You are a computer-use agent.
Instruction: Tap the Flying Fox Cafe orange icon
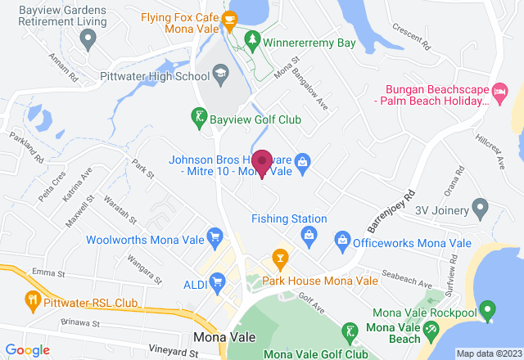[x=230, y=17]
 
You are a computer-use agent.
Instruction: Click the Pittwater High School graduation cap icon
[x=219, y=77]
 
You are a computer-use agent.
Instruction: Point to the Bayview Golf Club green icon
[x=199, y=119]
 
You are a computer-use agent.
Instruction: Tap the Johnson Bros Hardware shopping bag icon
[x=302, y=160]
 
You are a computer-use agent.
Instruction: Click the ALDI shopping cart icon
[x=217, y=283]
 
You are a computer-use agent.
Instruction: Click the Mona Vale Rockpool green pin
[x=487, y=312]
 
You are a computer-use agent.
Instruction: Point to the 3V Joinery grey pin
[x=481, y=209]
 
